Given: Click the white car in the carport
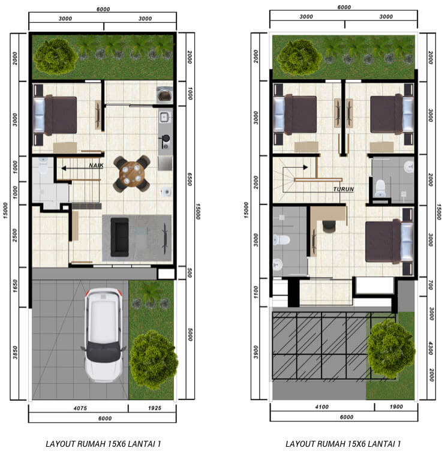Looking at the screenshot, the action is click(x=103, y=335).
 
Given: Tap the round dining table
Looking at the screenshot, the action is click(x=131, y=173).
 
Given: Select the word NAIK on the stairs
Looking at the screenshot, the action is click(x=96, y=166).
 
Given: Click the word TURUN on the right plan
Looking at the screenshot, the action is click(x=344, y=189).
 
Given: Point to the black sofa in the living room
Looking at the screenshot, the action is click(x=120, y=237).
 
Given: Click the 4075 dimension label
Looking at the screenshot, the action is click(x=80, y=408).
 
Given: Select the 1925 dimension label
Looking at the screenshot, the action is click(x=155, y=408).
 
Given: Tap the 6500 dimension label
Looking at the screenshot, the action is click(x=190, y=179).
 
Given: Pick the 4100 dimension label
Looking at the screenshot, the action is click(x=321, y=407).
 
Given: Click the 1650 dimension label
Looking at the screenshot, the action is click(x=15, y=286).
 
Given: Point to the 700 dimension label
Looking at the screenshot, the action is click(x=431, y=285).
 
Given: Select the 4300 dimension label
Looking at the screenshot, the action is click(x=431, y=348).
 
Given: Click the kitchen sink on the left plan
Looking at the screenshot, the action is click(x=164, y=117).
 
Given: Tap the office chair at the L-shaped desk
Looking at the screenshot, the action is click(x=329, y=226).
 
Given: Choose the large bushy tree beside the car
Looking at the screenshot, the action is click(x=154, y=359).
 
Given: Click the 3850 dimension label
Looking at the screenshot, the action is click(x=15, y=353).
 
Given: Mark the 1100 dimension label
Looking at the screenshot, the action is click(x=256, y=292).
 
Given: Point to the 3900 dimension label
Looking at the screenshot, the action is click(x=256, y=352).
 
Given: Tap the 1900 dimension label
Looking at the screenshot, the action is click(x=396, y=407).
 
